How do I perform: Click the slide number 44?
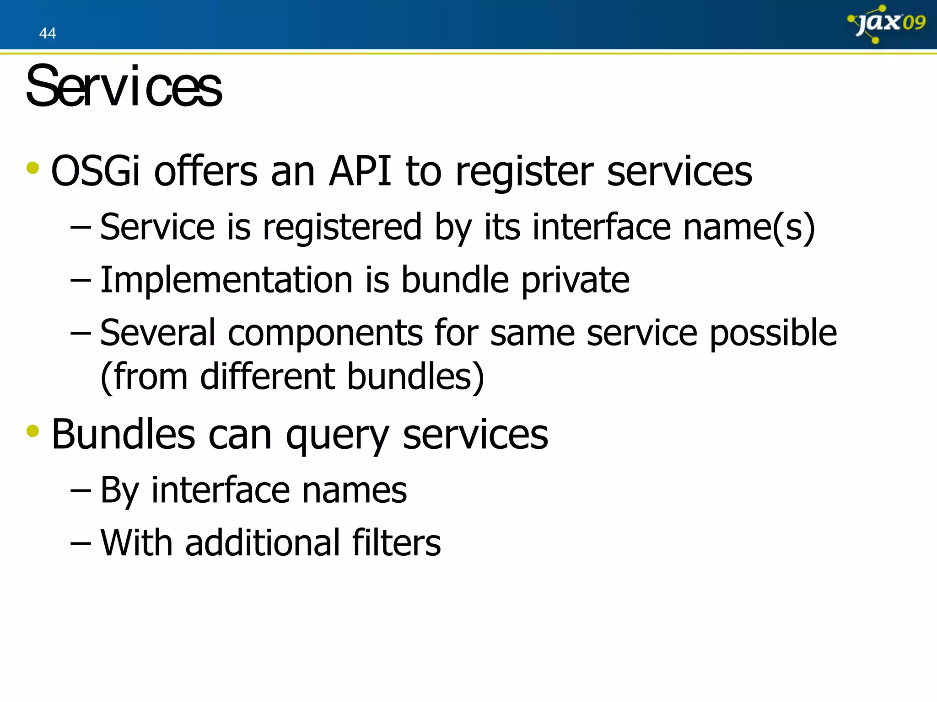tap(48, 33)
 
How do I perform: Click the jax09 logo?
tap(887, 24)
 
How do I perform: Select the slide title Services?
tap(124, 86)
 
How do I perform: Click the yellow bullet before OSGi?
tap(33, 168)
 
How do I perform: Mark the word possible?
tap(773, 334)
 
